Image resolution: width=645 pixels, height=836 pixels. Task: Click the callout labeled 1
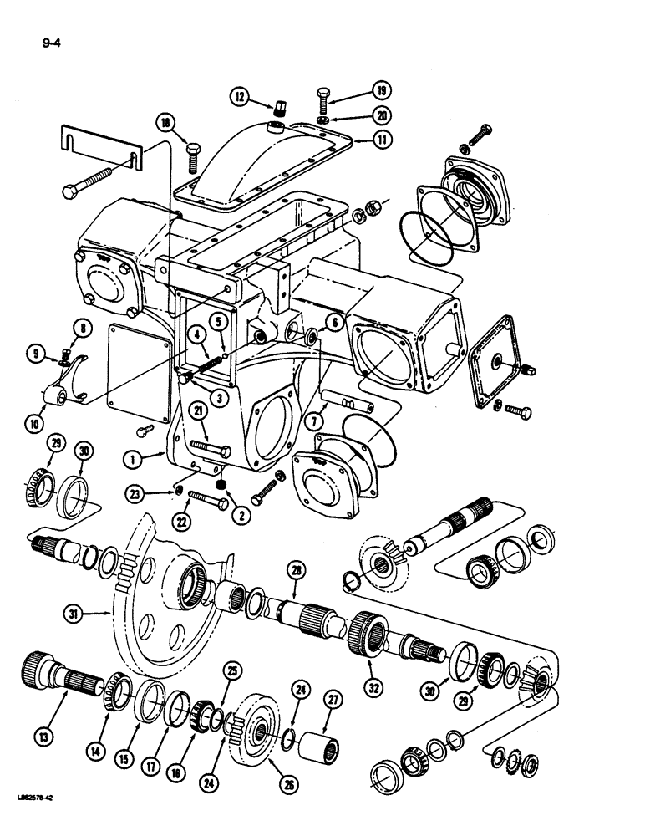(131, 457)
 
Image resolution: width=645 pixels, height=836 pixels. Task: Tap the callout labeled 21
(197, 409)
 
